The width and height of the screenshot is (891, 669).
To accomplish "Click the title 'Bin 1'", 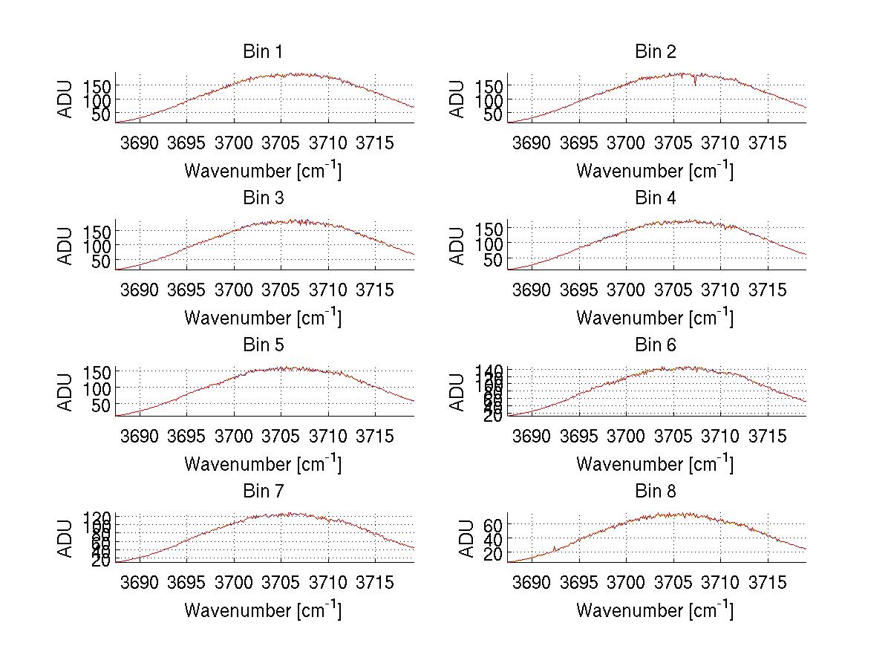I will click(263, 52).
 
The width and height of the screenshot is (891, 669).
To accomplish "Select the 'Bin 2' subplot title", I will click(655, 52).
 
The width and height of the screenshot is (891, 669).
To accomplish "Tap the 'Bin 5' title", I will click(263, 345).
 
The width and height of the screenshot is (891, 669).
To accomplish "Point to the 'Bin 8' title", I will click(655, 492).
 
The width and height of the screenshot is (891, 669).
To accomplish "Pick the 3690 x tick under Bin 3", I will click(140, 289).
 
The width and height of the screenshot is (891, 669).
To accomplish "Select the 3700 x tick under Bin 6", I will click(626, 435).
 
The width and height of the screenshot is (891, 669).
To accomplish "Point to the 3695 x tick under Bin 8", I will click(578, 581).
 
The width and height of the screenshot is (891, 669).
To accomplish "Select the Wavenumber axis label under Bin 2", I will click(655, 171).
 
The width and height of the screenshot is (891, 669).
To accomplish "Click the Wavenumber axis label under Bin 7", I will click(263, 610).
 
